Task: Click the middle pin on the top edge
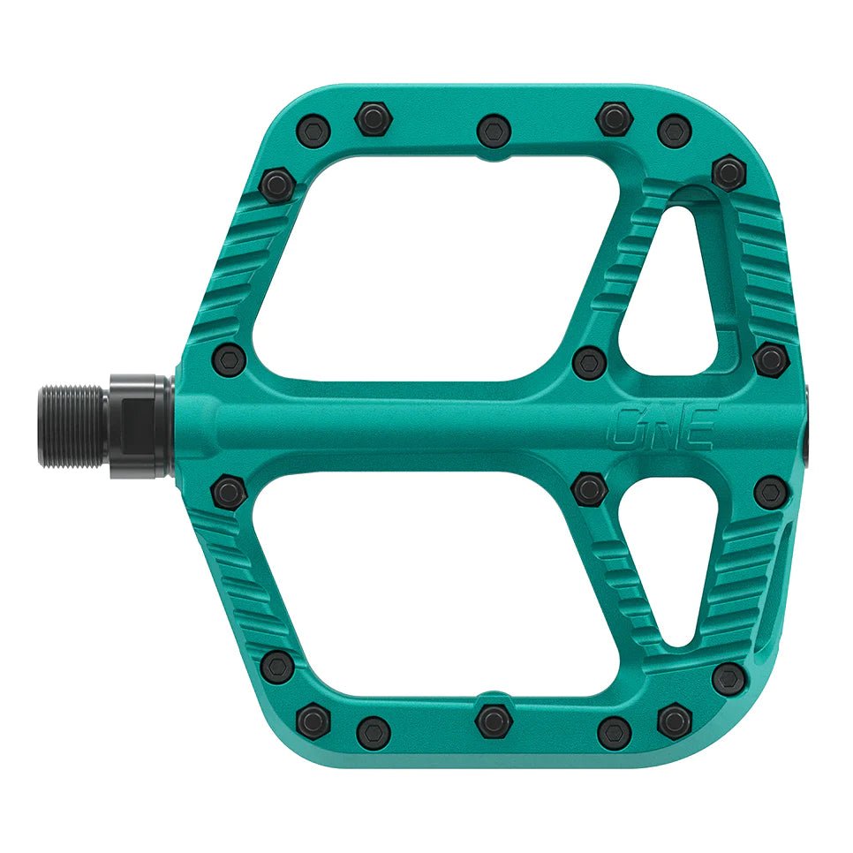click(494, 131)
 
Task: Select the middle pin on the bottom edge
click(494, 720)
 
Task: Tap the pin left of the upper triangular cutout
click(588, 361)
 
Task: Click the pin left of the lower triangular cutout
click(588, 489)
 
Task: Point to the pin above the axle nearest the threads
click(230, 359)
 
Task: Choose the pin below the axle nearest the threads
click(230, 491)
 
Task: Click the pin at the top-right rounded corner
click(728, 172)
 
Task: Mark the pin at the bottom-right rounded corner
click(728, 679)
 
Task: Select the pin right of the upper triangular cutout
click(771, 359)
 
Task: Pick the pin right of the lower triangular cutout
click(771, 492)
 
